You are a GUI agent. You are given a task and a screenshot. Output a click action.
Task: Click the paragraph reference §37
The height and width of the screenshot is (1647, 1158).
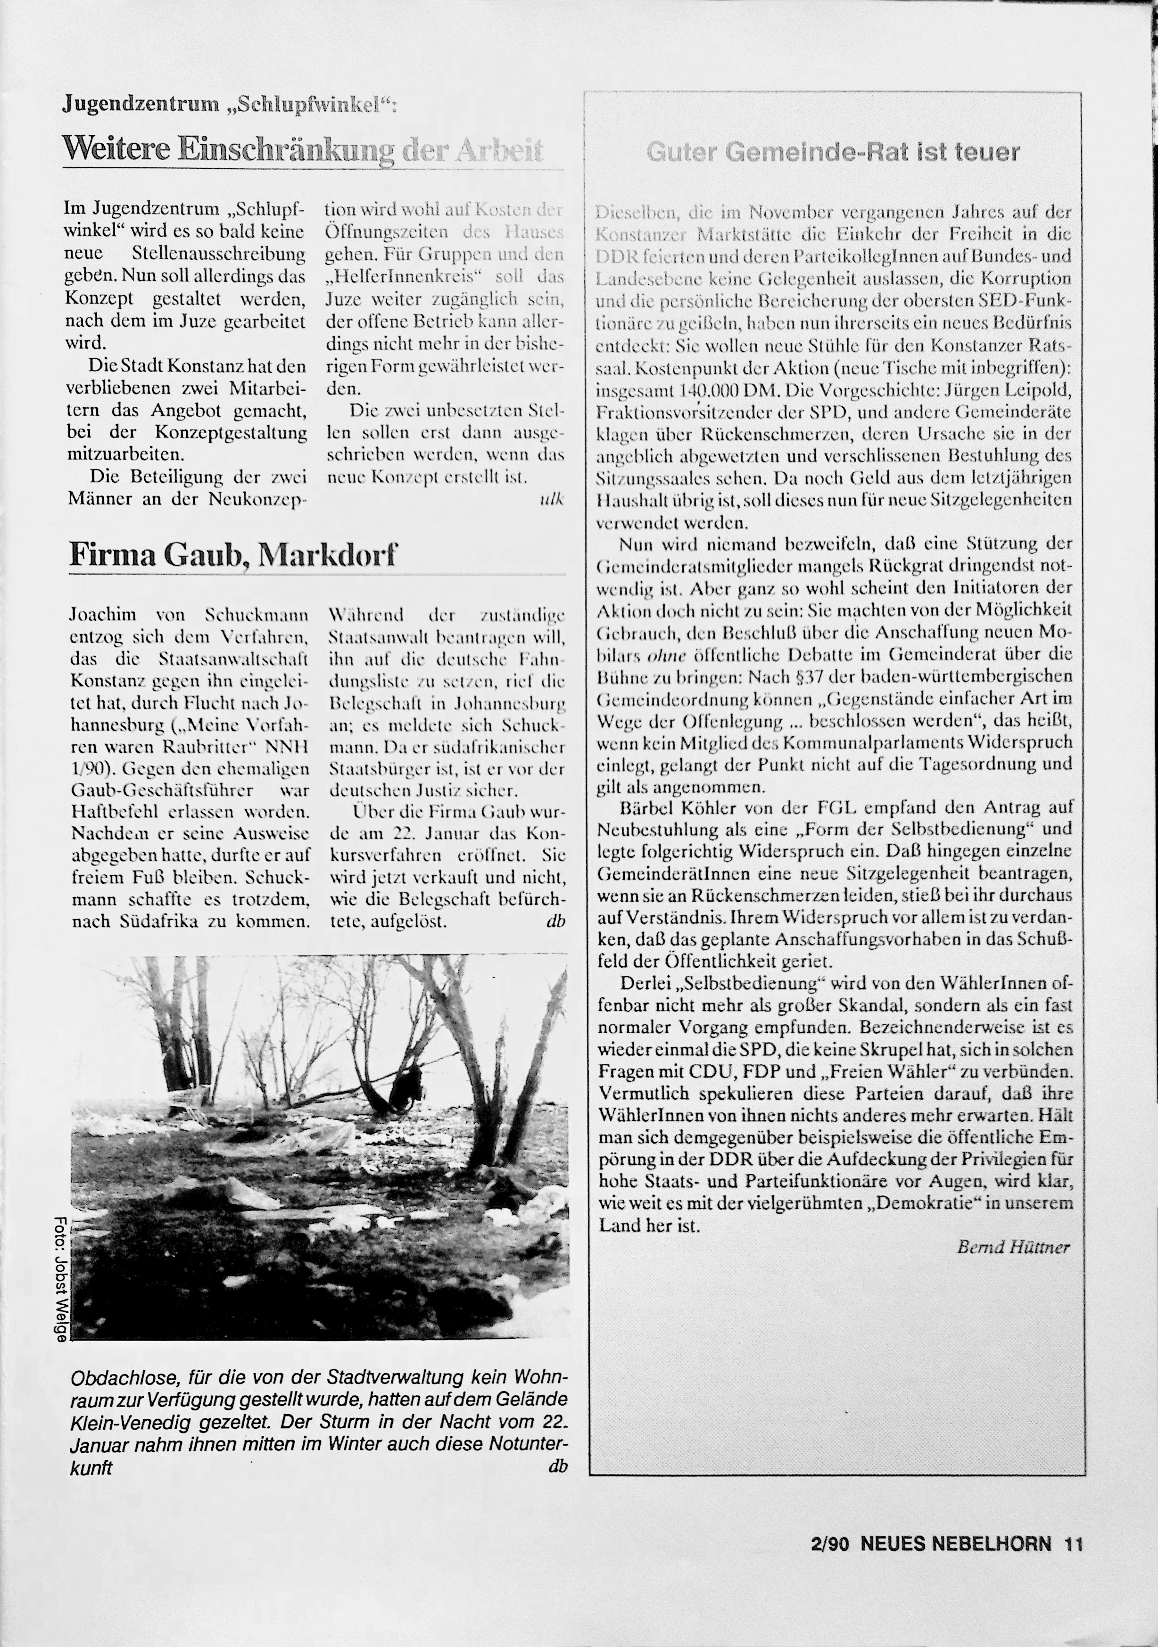pyautogui.click(x=820, y=676)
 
